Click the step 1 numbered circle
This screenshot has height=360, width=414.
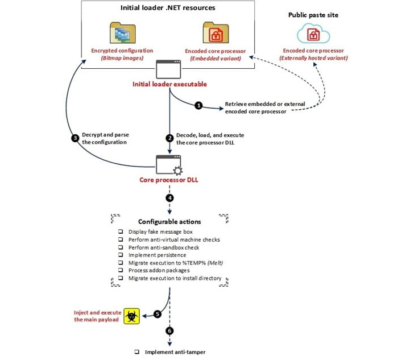click(198, 106)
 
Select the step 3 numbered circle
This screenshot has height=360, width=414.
click(75, 138)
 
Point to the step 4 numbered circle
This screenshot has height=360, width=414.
click(169, 198)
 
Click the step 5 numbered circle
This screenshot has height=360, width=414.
click(158, 314)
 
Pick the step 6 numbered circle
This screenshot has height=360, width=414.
click(169, 331)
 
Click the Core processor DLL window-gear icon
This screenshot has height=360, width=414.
click(169, 165)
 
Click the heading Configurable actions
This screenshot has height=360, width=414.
click(169, 221)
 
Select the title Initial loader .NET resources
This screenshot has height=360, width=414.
click(168, 9)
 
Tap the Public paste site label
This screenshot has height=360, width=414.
click(314, 15)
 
